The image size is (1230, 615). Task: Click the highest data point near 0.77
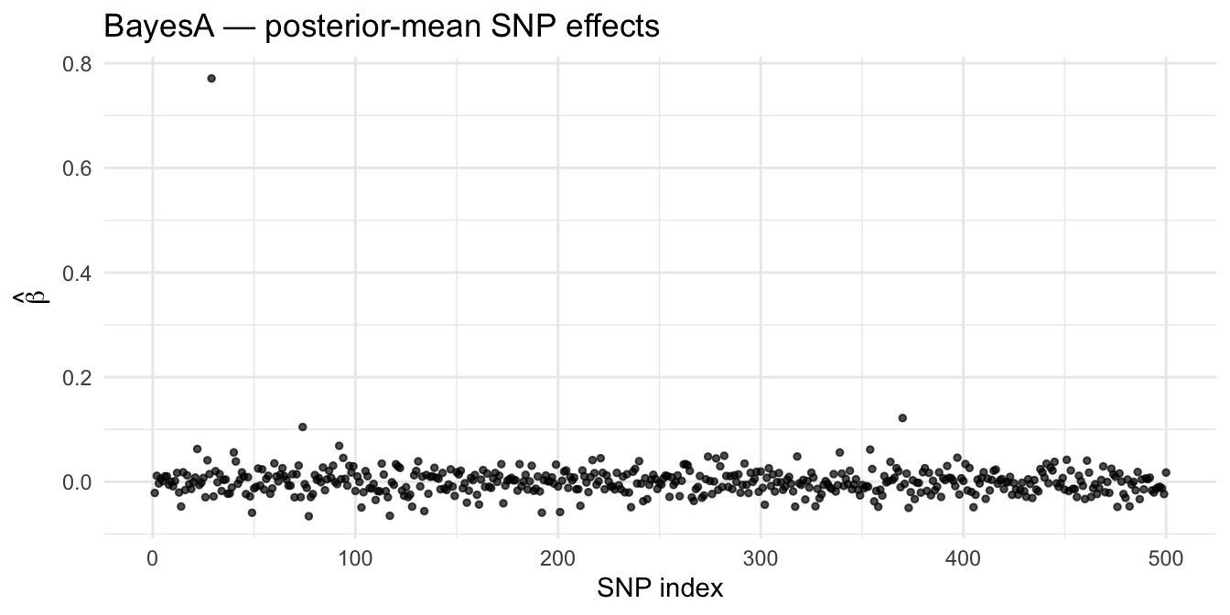tap(211, 79)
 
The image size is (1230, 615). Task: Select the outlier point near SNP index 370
tap(902, 418)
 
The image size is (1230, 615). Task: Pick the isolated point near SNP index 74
tap(303, 426)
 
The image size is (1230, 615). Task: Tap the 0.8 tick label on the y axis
tap(77, 64)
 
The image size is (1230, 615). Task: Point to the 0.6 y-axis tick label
tap(77, 168)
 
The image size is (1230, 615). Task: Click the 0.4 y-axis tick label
tap(77, 274)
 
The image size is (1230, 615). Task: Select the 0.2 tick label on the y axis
tap(77, 378)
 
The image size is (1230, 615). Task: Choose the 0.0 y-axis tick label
tap(77, 482)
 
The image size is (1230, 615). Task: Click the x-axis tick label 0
tap(153, 559)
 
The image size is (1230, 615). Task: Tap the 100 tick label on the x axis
tap(355, 559)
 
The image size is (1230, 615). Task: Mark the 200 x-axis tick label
tap(558, 559)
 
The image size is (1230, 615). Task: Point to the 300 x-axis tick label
tap(761, 559)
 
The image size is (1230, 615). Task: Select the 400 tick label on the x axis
tap(963, 559)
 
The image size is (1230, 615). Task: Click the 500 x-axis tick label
tap(1166, 559)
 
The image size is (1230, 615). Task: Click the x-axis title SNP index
tap(660, 588)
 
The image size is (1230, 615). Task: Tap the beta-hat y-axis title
tap(32, 297)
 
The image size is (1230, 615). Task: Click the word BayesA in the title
tap(158, 27)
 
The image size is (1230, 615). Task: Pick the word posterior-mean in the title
tap(373, 27)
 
